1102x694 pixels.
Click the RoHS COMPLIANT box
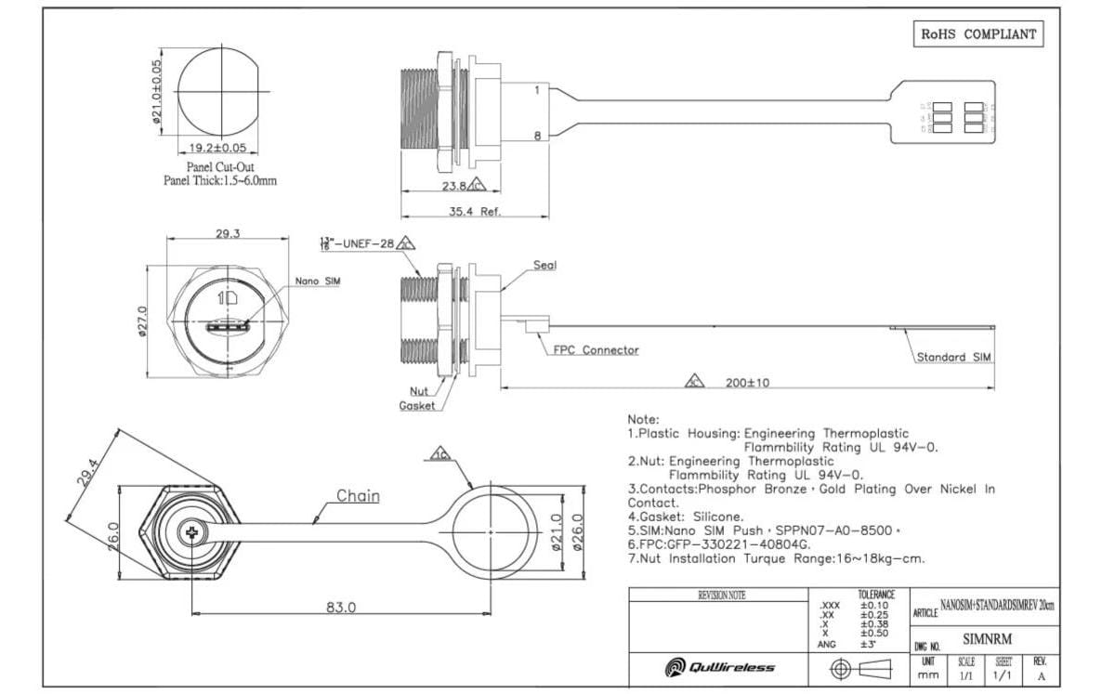978,33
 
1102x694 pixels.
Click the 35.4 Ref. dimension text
475,212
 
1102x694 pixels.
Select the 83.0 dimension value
341,608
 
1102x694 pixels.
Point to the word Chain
358,496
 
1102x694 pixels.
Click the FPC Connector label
596,350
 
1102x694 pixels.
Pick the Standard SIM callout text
954,357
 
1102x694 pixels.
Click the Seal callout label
544,266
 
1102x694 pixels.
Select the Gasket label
417,406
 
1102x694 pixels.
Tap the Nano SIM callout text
317,281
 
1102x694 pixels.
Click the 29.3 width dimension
228,233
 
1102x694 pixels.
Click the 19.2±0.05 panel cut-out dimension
218,148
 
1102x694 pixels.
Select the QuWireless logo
720,667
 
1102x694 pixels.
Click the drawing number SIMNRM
987,639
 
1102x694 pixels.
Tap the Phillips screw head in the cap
192,533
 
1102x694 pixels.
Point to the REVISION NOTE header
721,596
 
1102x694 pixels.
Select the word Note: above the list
643,420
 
